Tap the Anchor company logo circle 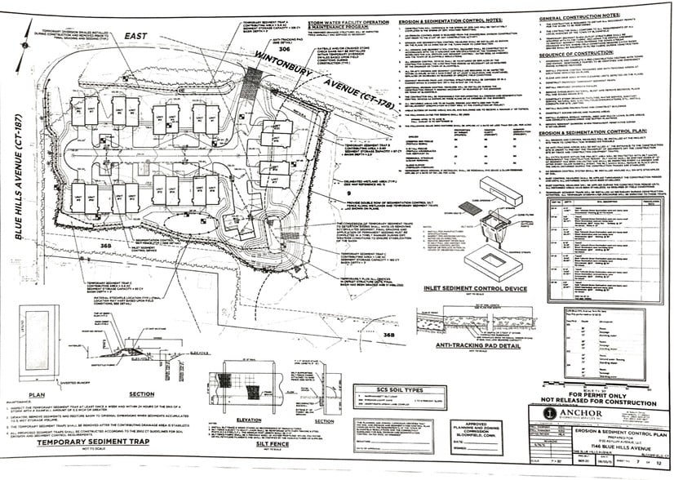[550, 413]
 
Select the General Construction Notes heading [582, 17]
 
